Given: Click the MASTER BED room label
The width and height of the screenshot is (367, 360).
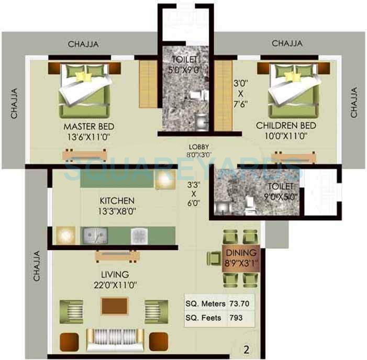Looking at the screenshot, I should click(89, 127).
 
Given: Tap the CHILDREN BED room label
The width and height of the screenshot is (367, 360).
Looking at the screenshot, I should click(286, 126).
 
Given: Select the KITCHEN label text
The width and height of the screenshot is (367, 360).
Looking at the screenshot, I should click(117, 200).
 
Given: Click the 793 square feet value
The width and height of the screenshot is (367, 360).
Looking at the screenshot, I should click(237, 318).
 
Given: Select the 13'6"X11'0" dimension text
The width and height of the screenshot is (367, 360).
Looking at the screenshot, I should click(89, 137).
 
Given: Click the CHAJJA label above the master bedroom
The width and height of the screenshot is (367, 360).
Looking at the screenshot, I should click(83, 44).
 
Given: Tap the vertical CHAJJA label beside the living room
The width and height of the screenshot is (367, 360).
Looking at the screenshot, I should click(37, 268).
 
